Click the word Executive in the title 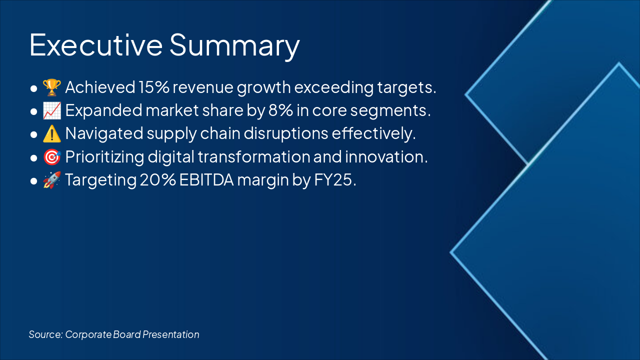click(x=96, y=45)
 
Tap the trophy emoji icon click(x=51, y=87)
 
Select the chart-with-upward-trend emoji click(x=51, y=110)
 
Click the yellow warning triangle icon click(x=51, y=133)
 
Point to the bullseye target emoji click(x=51, y=157)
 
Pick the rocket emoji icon click(x=51, y=180)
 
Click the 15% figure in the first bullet click(x=154, y=87)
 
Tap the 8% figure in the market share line click(x=280, y=110)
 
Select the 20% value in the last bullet click(x=157, y=180)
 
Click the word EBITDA click(x=206, y=180)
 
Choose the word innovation click(x=384, y=157)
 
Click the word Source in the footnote click(x=45, y=334)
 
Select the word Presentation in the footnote click(x=171, y=334)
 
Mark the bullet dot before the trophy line click(x=33, y=88)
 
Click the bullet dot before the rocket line click(x=33, y=181)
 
